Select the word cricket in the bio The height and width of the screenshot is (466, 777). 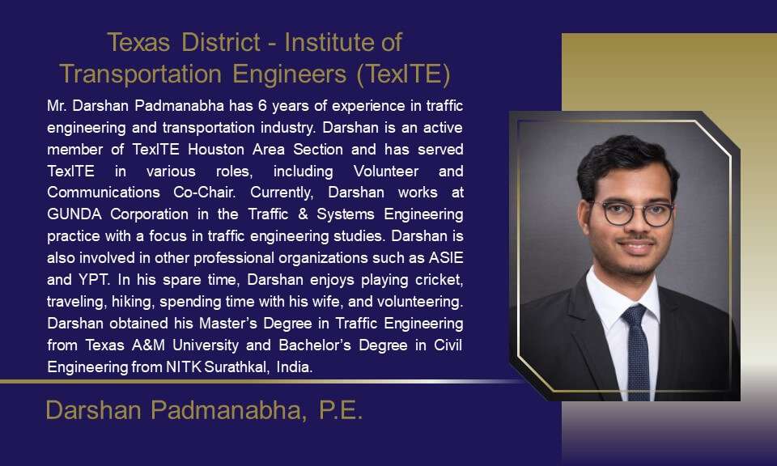coord(439,279)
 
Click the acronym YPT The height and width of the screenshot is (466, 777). coord(94,279)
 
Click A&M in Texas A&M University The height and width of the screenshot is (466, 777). coord(148,345)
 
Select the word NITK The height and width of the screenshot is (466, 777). coord(183,366)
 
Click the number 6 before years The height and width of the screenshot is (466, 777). coord(262,105)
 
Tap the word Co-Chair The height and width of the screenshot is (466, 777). coord(205,193)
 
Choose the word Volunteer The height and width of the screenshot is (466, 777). coord(386,171)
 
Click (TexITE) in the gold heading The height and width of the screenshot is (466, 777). coord(403,74)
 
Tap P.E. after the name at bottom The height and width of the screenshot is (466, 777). coord(341,410)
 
